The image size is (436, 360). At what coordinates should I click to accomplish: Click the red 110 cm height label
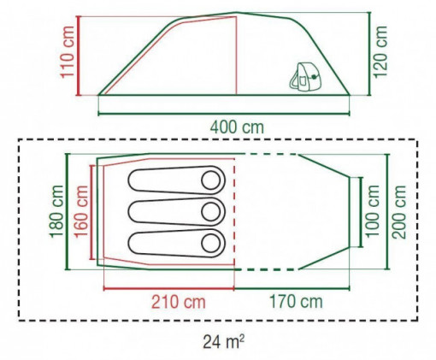coord(68,51)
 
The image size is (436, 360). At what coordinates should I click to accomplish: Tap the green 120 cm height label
coord(380,51)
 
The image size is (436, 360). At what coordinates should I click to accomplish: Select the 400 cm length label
coord(237,127)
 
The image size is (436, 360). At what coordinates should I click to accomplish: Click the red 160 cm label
coord(81,211)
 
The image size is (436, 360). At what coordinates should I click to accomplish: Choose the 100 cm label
coord(373,211)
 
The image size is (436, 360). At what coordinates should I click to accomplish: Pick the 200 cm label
coord(398,212)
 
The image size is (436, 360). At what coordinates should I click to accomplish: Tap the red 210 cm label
coord(178,302)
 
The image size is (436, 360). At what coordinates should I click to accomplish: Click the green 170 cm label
coord(296,302)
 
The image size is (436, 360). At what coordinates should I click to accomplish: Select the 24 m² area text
coord(223,341)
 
